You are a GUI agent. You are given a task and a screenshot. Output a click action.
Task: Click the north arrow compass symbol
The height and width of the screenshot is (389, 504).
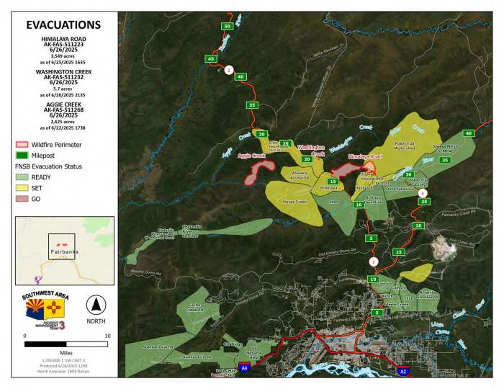(96, 303)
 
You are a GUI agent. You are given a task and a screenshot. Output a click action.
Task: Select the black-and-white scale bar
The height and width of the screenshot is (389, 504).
(66, 344)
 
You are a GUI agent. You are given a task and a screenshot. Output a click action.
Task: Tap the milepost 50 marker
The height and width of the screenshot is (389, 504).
(227, 27)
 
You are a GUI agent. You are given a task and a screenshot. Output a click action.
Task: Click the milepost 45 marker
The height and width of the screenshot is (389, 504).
(211, 58)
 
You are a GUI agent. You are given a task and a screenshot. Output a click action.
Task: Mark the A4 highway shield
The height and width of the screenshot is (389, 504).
(244, 367)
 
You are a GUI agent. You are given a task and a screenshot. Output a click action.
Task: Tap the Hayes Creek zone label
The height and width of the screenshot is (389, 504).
(295, 202)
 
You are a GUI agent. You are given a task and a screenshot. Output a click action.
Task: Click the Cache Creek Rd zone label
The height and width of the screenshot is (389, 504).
(193, 307)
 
